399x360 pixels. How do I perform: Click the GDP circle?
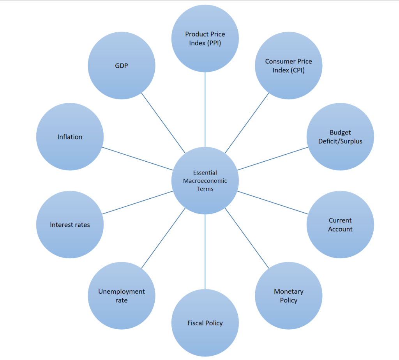(122, 65)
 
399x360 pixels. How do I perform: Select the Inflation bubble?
(70, 137)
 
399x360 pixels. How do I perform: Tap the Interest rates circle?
(70, 224)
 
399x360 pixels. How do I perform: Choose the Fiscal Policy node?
(205, 323)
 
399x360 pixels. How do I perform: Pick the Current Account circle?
(340, 224)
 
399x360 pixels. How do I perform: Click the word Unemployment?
(122, 291)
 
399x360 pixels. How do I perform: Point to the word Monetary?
(288, 291)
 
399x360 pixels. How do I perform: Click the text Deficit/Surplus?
(340, 141)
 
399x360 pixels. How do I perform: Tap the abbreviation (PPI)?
(214, 43)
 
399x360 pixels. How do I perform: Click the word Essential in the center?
(205, 173)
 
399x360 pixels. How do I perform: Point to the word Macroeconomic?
(205, 181)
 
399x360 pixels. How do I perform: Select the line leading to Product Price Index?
(205, 109)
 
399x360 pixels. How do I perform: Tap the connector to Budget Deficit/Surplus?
(273, 158)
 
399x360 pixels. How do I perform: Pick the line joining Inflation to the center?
(138, 159)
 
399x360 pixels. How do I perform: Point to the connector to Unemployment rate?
(163, 238)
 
